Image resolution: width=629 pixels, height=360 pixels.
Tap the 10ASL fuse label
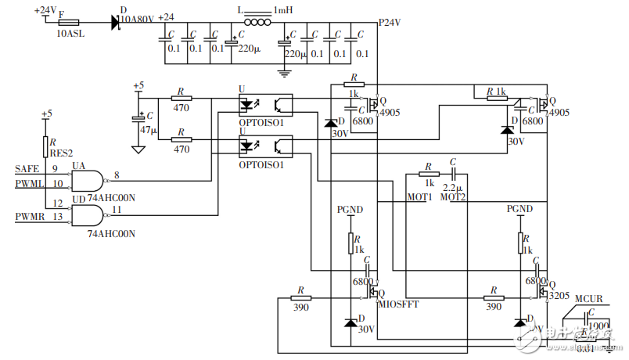pos(71,34)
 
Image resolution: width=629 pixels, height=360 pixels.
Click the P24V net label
pos(390,22)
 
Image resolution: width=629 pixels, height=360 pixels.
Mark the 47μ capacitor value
pos(149,129)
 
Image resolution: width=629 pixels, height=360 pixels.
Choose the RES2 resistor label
pos(60,153)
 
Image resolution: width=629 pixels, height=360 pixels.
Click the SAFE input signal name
pos(27,168)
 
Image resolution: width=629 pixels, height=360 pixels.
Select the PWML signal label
pos(29,185)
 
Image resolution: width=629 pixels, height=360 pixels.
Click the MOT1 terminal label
pos(419,196)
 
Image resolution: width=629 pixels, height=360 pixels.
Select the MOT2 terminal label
pos(453,196)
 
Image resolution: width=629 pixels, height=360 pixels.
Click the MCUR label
pos(588,298)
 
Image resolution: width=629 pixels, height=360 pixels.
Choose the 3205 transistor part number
pos(559,297)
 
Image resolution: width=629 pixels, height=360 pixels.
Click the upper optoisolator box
pos(264,103)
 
